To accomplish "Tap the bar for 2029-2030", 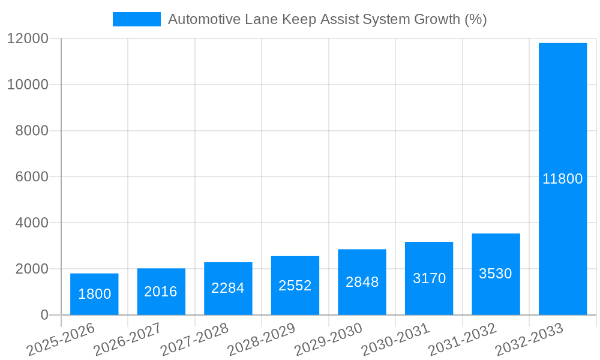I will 362,282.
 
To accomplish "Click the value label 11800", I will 563,179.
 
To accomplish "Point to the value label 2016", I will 161,292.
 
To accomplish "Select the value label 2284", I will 228,288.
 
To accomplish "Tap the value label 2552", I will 295,286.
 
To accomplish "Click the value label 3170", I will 429,278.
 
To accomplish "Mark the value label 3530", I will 496,274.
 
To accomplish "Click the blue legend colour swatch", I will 137,19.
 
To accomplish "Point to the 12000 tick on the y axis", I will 28,38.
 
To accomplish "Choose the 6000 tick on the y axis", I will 31,177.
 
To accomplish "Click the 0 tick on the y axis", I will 44,315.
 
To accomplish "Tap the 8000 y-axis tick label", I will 31,131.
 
